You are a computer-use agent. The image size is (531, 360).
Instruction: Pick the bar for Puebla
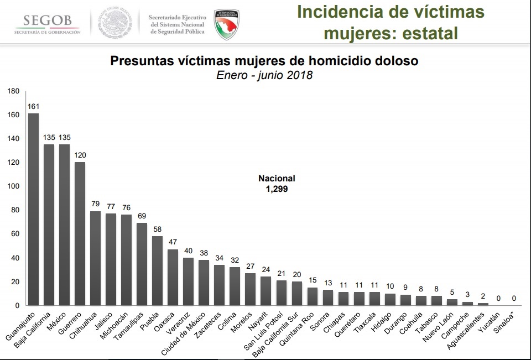coord(157,270)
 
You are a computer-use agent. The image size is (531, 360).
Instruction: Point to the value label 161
coord(33,107)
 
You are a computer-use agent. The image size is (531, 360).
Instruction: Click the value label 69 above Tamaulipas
coord(142,216)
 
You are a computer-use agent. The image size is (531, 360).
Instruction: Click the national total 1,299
coord(277,189)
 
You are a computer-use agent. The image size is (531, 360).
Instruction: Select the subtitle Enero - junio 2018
coord(264,75)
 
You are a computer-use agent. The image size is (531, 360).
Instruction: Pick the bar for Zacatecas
coord(219,285)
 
